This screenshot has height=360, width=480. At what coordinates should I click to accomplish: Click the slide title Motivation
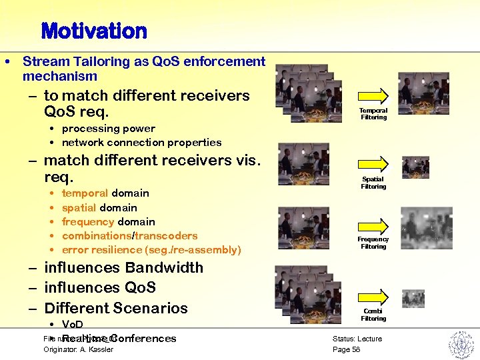point(93,31)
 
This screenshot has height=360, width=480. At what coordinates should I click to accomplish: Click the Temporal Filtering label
point(373,114)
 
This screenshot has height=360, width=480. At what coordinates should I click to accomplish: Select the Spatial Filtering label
point(373,183)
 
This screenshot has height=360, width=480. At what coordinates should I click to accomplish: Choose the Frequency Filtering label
point(373,243)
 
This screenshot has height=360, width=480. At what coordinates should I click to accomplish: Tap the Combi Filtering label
point(373,315)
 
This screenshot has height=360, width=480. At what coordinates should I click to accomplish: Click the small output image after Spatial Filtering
point(415,167)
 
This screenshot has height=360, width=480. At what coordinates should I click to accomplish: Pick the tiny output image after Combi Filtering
point(413,298)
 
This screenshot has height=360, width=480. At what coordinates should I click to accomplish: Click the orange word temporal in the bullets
point(85,193)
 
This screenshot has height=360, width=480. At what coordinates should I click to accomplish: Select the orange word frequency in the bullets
point(88,222)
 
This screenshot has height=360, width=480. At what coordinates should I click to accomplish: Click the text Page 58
point(346,349)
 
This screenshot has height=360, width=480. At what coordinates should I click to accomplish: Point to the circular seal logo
point(460,345)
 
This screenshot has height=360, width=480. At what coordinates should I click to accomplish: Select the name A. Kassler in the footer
point(97,349)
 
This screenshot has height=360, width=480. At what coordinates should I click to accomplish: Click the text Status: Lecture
point(357,339)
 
